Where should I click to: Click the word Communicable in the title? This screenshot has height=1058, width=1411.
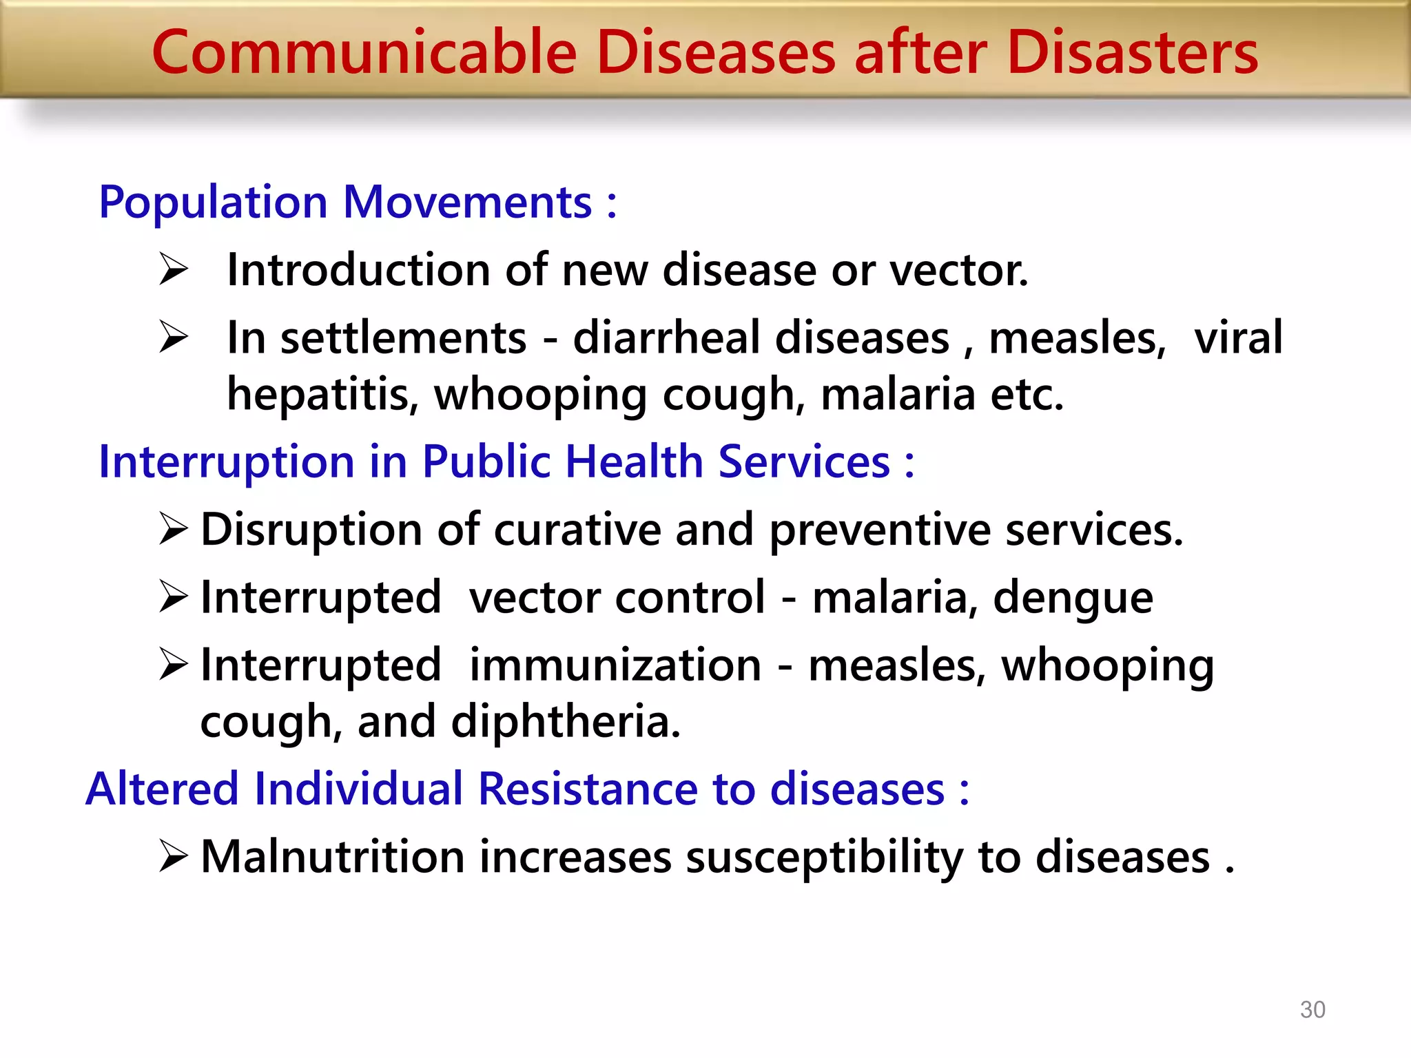coord(364,54)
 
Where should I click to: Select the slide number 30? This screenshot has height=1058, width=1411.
coord(1312,1009)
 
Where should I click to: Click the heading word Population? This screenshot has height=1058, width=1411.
coord(213,203)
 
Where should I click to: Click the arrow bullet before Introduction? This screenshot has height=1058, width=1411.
coord(173,269)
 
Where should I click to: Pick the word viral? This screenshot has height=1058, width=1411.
coord(1238,338)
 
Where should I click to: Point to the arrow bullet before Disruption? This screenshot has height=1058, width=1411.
coord(173,529)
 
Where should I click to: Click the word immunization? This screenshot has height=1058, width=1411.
coord(615,665)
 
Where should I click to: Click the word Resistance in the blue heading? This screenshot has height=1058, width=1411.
coord(587,789)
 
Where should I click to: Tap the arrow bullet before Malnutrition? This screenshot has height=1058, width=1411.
coord(173,856)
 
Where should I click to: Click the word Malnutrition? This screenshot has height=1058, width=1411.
coord(332,858)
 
